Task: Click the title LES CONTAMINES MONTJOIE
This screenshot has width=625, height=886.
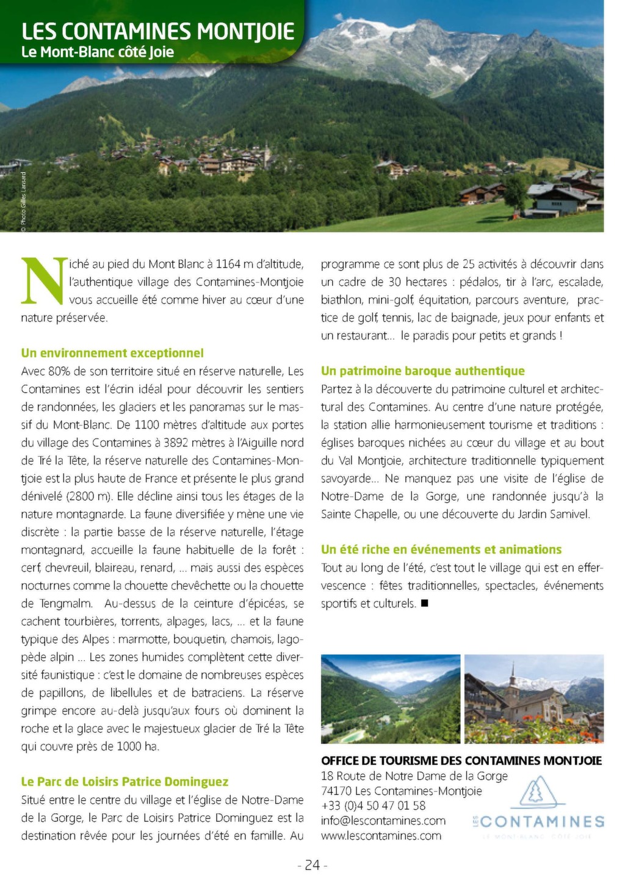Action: (157, 31)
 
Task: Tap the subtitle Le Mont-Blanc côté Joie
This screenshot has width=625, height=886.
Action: (98, 53)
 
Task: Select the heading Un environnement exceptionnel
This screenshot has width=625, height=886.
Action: (112, 353)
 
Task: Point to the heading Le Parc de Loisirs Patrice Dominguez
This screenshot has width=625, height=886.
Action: (125, 782)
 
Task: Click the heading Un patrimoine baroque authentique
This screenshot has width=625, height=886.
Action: (422, 371)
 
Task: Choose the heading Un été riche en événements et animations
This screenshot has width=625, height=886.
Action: (441, 550)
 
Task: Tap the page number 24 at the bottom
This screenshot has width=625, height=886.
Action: (312, 865)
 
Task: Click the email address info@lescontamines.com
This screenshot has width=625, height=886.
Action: (383, 821)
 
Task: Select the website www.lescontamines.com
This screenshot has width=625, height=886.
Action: (381, 835)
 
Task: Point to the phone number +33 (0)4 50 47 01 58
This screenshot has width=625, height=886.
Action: (373, 805)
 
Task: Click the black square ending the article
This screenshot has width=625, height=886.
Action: (425, 604)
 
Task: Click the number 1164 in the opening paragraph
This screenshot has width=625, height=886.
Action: (228, 264)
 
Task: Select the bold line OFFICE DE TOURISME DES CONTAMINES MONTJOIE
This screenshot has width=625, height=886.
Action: (461, 761)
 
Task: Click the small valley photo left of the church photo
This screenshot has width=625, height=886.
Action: (391, 699)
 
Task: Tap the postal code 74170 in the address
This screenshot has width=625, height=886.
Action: (336, 791)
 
